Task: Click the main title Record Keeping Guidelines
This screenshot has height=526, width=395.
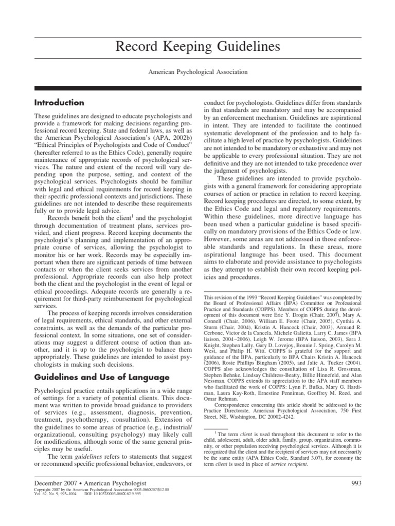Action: click(x=197, y=47)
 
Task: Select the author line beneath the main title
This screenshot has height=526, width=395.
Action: click(x=197, y=72)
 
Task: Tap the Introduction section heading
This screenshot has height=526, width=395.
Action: click(x=59, y=103)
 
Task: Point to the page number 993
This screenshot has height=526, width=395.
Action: click(x=355, y=483)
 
